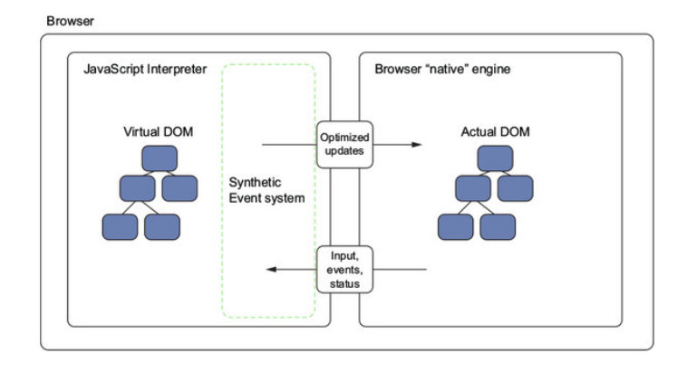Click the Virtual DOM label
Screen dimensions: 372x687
(x=159, y=132)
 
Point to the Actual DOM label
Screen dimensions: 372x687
(x=495, y=132)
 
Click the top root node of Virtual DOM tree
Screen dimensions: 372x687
(x=159, y=159)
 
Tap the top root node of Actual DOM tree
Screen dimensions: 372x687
(x=495, y=159)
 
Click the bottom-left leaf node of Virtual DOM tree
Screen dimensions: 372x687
(x=121, y=226)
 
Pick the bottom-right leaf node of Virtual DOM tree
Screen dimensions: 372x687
(x=164, y=226)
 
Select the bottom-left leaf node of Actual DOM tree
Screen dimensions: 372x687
(x=455, y=226)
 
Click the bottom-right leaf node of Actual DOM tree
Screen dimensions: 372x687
(x=498, y=226)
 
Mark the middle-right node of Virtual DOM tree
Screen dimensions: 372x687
(x=179, y=188)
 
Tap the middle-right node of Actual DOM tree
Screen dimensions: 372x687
(x=514, y=188)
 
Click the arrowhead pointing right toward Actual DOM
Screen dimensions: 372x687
(x=417, y=144)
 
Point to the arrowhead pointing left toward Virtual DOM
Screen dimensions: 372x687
(x=270, y=270)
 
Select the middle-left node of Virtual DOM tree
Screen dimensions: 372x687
(x=138, y=188)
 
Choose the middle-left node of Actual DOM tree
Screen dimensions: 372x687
(x=472, y=188)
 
